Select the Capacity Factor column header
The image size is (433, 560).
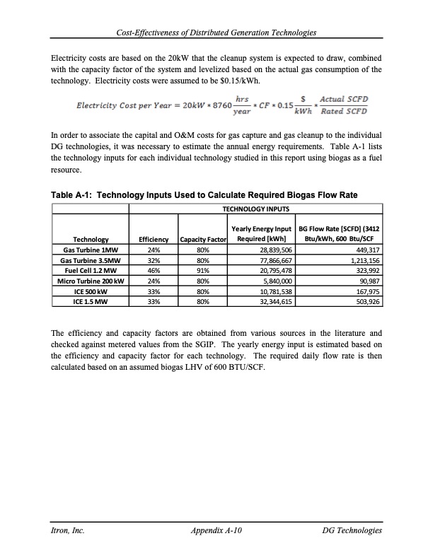coord(203,240)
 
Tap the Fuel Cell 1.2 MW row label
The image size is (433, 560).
coord(90,269)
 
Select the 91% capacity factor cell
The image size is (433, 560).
coord(203,269)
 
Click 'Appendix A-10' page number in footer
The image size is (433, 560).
coord(217,530)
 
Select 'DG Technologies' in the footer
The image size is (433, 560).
coord(352,530)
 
